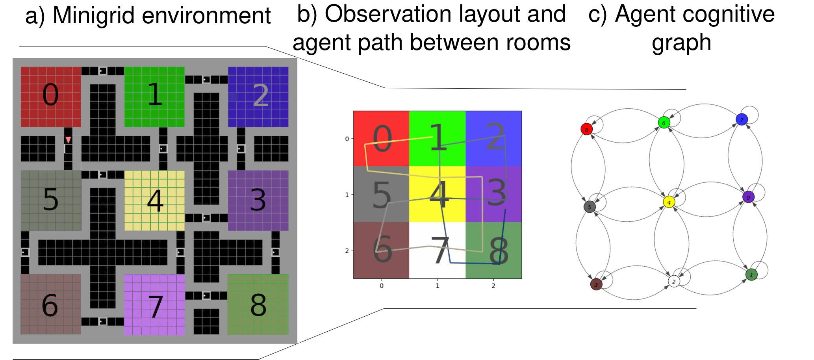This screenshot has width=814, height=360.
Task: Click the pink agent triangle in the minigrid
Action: click(69, 140)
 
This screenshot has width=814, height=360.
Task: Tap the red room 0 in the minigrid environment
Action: click(51, 97)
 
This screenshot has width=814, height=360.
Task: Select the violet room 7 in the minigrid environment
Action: click(154, 304)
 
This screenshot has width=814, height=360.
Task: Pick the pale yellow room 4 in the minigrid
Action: click(154, 200)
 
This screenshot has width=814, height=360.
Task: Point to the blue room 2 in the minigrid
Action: click(258, 97)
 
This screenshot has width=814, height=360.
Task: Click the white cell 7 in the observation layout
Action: click(438, 250)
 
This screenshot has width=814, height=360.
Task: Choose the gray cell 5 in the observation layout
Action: click(381, 194)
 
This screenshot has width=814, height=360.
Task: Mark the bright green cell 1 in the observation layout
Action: click(438, 139)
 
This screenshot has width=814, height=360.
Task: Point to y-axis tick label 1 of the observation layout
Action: click(347, 195)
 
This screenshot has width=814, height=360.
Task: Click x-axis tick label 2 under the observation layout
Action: click(493, 286)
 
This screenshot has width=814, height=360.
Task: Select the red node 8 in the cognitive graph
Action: click(586, 129)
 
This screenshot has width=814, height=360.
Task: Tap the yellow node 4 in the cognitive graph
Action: click(669, 202)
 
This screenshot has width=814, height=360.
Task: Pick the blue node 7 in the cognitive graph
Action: click(742, 119)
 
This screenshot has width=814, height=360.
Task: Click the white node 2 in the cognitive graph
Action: click(674, 281)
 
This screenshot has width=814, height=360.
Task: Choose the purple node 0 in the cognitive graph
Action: click(748, 197)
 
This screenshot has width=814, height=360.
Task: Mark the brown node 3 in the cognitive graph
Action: click(596, 284)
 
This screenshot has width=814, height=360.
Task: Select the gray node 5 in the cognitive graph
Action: click(590, 207)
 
